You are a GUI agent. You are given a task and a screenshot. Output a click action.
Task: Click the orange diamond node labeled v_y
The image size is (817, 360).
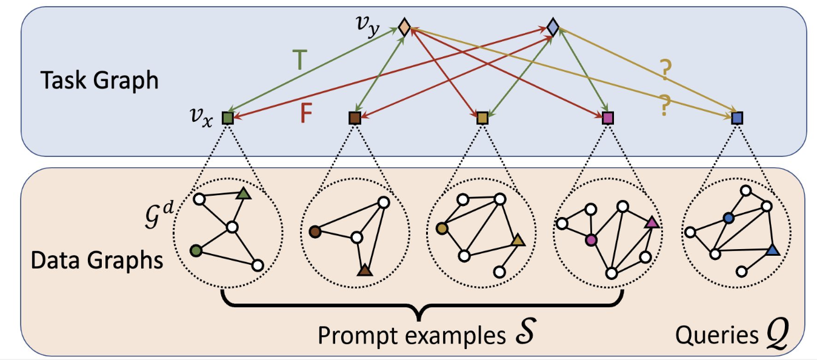click(x=405, y=27)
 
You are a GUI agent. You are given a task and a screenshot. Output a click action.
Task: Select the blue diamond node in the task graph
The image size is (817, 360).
click(x=552, y=27)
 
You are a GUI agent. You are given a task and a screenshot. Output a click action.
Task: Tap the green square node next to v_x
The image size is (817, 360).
click(x=228, y=118)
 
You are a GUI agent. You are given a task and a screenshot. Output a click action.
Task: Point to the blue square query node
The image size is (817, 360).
click(x=737, y=118)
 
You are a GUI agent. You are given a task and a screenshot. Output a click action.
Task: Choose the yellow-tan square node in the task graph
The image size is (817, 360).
click(x=482, y=118)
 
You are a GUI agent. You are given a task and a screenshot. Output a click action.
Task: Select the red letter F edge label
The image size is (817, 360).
click(x=306, y=114)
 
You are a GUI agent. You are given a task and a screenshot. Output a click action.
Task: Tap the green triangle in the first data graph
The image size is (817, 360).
click(x=243, y=194)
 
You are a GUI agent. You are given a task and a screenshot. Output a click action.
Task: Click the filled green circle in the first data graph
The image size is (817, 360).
click(x=195, y=250)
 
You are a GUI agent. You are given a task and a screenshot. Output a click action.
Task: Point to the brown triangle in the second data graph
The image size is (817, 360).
click(x=364, y=270)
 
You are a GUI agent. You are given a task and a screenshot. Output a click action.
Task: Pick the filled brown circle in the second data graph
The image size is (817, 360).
click(x=315, y=231)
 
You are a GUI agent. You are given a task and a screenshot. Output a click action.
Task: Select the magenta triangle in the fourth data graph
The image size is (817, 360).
click(x=652, y=223)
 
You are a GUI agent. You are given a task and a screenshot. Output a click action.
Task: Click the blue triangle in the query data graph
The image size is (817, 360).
click(x=771, y=250)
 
